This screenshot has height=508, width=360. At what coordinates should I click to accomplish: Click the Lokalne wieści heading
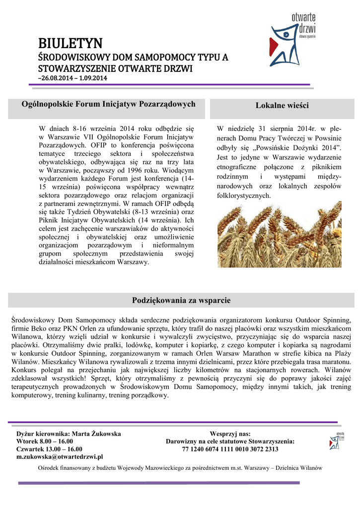pos(282,106)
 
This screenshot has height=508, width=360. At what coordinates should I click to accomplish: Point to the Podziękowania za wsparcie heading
pos(181,301)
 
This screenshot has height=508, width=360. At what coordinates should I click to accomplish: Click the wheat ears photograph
pos(279,234)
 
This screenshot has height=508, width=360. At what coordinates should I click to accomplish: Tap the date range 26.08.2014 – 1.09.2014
pos(73,78)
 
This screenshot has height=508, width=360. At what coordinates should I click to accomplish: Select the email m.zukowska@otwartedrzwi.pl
pos(60,456)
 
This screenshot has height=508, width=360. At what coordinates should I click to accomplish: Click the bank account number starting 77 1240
pos(230,449)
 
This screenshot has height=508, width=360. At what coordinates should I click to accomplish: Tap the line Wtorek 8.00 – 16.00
pos(45,441)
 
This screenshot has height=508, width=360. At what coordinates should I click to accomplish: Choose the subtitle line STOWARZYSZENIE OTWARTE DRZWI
pos(115,68)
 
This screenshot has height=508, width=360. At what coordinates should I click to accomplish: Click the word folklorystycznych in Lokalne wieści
pos(244,196)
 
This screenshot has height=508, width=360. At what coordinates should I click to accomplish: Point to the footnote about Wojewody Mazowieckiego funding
pos(180,468)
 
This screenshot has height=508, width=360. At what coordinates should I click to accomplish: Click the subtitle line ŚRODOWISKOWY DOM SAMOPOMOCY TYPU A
pos(133,58)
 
